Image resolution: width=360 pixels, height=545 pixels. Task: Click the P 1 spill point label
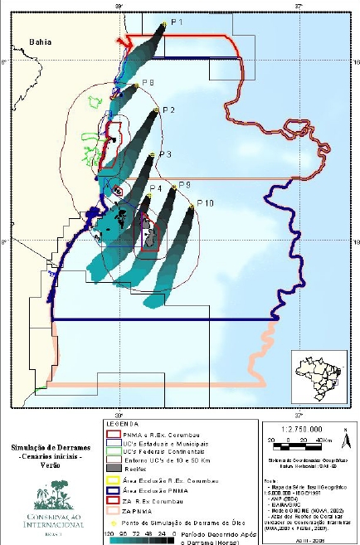(x=177, y=21)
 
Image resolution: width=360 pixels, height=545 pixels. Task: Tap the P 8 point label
(x=148, y=82)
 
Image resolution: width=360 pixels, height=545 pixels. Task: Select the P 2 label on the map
(x=168, y=109)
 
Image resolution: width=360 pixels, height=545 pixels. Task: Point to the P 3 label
(x=164, y=154)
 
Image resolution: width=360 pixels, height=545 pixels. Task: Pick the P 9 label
(x=184, y=184)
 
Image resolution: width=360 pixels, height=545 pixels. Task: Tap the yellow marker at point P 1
(x=165, y=25)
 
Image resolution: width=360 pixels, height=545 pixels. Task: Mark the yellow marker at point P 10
(x=191, y=207)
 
